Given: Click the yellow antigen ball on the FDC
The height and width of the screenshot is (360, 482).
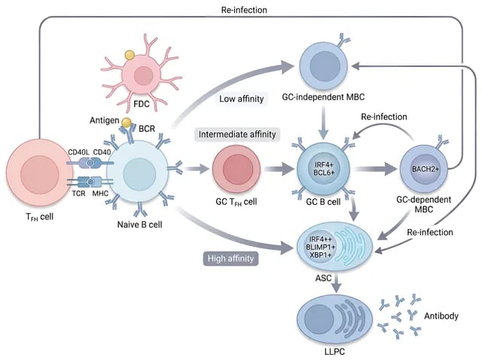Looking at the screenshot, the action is click(x=130, y=55).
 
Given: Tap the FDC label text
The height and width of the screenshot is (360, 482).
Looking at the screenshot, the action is click(x=142, y=104).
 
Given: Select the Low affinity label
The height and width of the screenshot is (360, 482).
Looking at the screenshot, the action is click(x=241, y=99).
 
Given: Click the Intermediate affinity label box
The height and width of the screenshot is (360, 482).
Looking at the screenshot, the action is click(x=237, y=134).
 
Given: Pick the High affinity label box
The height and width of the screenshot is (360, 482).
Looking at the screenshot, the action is click(x=230, y=258).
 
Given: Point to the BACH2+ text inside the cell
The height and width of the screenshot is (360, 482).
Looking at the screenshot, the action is click(x=426, y=169).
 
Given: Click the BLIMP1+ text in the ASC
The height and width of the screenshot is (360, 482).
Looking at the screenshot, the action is click(x=320, y=247).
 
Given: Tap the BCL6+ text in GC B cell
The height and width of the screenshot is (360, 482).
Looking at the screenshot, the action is click(x=324, y=172).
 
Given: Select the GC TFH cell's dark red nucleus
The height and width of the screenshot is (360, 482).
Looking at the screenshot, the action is click(x=238, y=169).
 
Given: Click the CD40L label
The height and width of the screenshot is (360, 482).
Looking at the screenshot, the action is click(x=78, y=152).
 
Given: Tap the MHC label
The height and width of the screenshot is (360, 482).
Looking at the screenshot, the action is click(x=100, y=194).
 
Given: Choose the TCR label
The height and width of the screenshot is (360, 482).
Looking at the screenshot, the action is click(x=78, y=194).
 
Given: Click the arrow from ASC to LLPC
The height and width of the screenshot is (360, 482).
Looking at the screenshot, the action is click(x=337, y=283).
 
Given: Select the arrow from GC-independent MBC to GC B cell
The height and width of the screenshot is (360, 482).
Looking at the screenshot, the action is click(x=323, y=122).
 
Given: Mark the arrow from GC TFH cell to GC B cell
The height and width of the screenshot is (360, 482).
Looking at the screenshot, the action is click(x=279, y=169).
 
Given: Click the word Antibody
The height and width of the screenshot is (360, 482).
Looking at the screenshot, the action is click(x=441, y=316).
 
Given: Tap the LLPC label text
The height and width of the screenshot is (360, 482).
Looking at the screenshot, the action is click(x=334, y=352).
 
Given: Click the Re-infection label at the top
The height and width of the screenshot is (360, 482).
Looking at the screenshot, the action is click(x=244, y=10).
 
